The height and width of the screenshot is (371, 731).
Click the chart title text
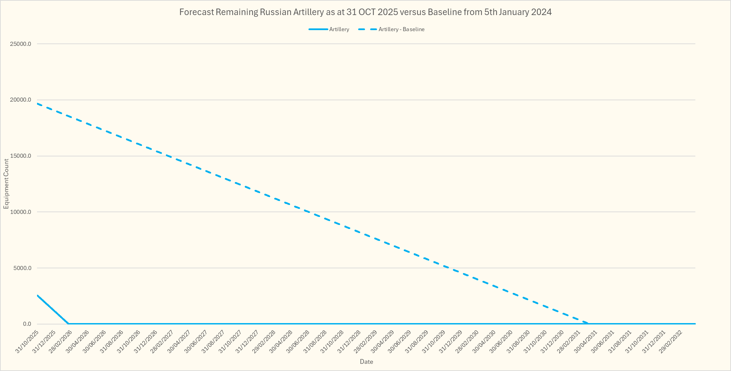[x=365, y=12]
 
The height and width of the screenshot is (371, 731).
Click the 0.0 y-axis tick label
[x=27, y=324]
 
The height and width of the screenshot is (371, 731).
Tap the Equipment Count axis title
[x=6, y=184]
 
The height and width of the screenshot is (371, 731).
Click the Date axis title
[x=366, y=362]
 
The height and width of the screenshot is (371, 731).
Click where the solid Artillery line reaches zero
[x=68, y=323]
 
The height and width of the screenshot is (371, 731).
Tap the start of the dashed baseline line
[x=37, y=103]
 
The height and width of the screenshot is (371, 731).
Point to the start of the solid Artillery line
[x=37, y=295]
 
